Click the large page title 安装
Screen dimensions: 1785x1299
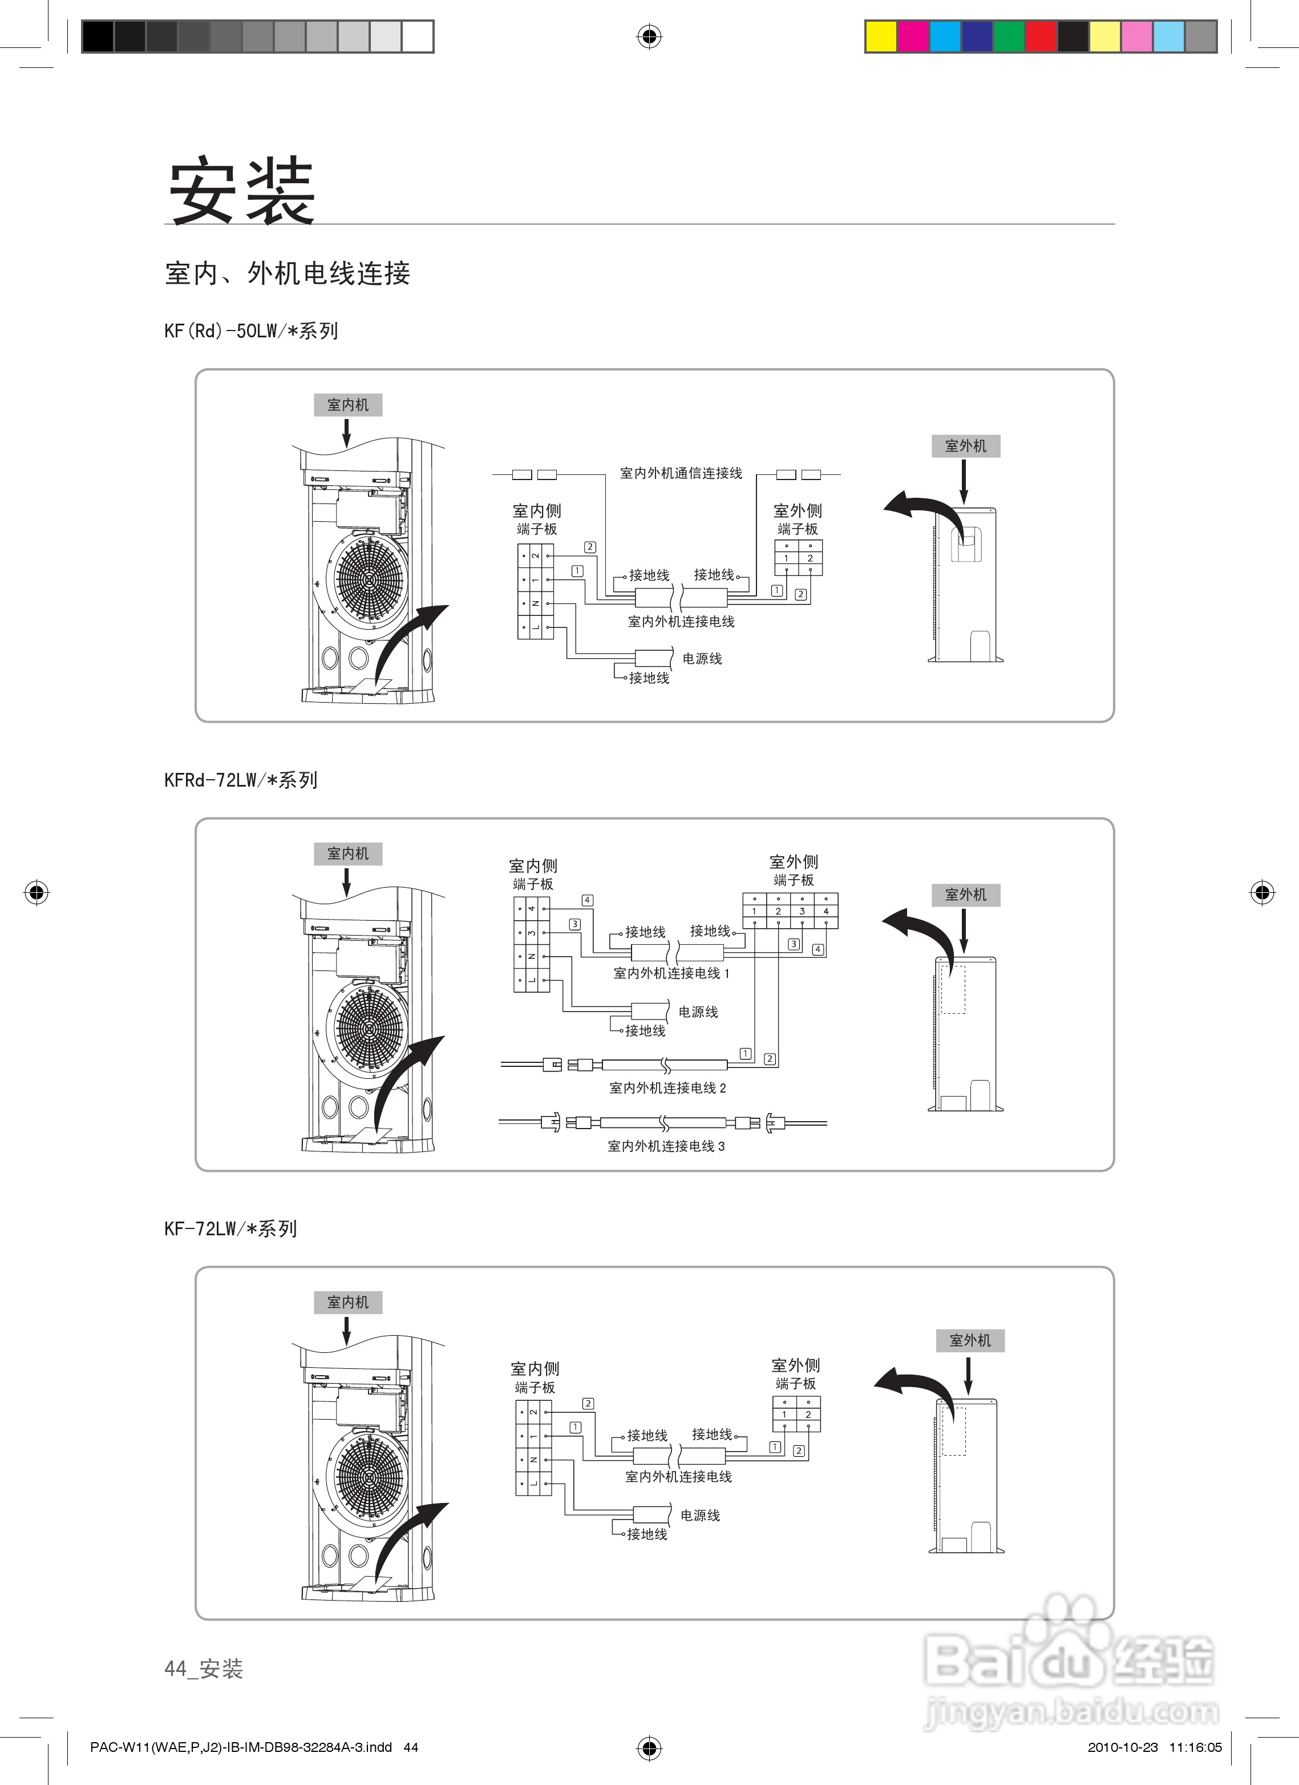coord(241,191)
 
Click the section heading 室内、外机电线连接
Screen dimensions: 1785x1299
coord(287,273)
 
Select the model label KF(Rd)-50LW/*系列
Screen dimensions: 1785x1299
coord(251,331)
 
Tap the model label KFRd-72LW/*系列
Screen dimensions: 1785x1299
coord(241,780)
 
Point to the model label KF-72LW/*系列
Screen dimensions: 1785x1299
coord(230,1228)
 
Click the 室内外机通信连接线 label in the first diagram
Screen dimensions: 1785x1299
coord(681,473)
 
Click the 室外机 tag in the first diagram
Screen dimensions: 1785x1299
coord(965,445)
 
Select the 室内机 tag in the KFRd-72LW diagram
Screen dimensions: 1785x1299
coord(348,853)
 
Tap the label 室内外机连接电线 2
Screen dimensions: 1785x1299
coord(667,1087)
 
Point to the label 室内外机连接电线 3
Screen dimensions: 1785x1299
coord(666,1146)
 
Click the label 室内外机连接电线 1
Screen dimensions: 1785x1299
coord(671,973)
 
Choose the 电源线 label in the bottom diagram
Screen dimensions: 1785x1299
coord(700,1515)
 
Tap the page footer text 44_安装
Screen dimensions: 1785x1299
coord(204,1668)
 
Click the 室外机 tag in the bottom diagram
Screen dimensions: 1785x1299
coord(969,1340)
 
